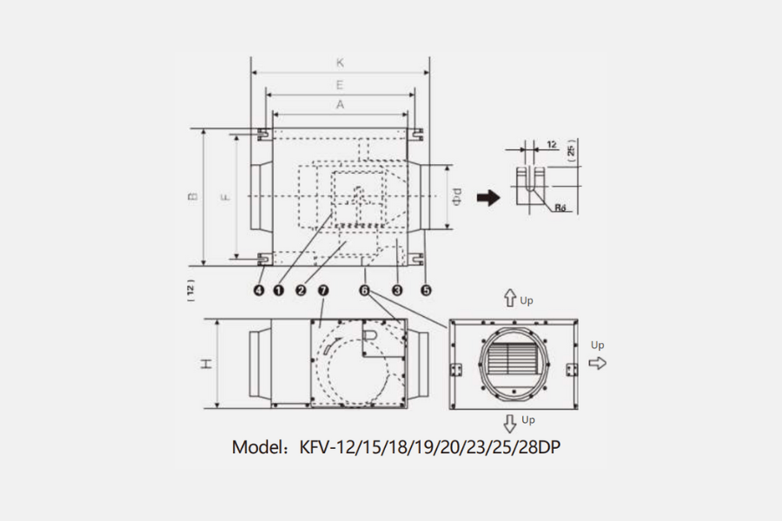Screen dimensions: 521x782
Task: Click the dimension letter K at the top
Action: pos(340,63)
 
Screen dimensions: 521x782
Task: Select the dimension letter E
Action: pos(340,85)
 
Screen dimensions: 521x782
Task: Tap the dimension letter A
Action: pos(340,103)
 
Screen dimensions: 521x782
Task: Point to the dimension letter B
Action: pos(193,196)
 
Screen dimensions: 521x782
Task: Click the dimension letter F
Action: pos(225,196)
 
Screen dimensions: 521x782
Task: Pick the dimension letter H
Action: pos(207,364)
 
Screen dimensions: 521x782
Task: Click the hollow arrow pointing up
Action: pos(511,299)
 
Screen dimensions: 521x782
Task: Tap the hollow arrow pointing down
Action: pos(511,424)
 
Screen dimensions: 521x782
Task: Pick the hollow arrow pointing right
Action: pos(597,362)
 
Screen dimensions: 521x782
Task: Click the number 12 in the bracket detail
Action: pos(552,144)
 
